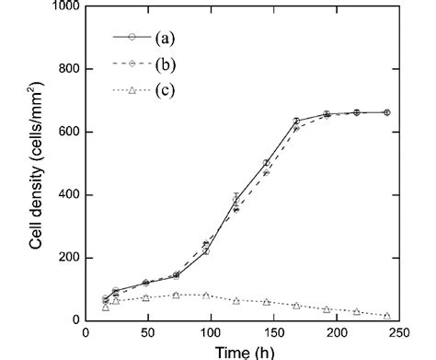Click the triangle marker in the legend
coord(132,90)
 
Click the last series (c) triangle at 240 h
coord(386,316)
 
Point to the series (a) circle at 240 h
coord(386,112)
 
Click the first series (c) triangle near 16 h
coord(106,307)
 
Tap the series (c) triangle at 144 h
coord(266,302)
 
